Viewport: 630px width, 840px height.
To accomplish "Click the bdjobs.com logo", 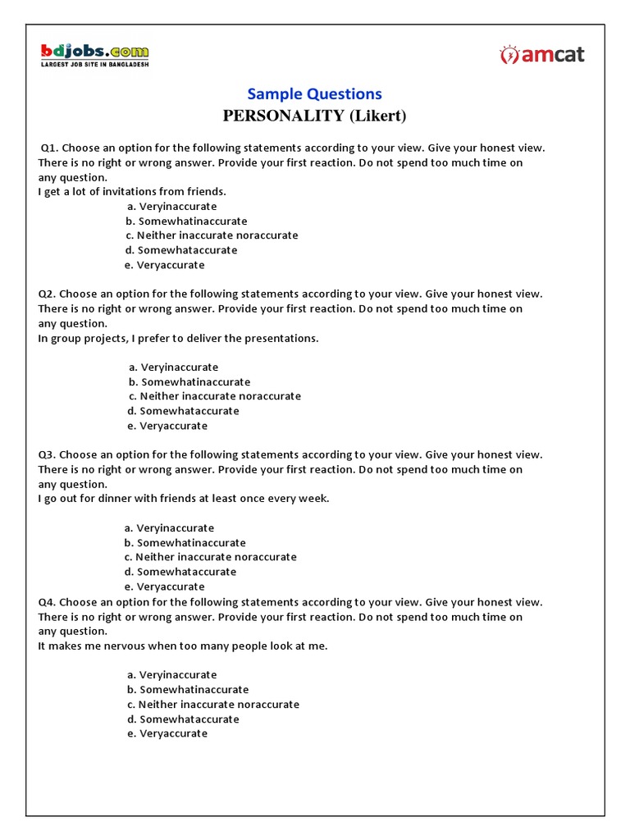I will click(x=95, y=55).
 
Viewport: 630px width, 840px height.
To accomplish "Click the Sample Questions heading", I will click(x=315, y=94).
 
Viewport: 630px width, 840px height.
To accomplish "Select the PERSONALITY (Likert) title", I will click(x=315, y=115).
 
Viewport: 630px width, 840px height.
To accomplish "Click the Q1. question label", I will click(x=49, y=148).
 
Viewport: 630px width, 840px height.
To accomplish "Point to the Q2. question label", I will click(x=48, y=294).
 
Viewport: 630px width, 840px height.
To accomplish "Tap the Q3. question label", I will click(x=48, y=454).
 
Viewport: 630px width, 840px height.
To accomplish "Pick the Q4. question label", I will click(x=48, y=602).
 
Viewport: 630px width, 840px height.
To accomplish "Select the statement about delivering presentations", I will click(x=178, y=338).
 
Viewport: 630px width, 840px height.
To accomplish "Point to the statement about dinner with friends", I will click(x=184, y=499).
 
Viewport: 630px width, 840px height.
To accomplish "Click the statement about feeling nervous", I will click(x=183, y=646).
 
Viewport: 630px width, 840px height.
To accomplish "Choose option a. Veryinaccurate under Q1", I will click(x=171, y=207).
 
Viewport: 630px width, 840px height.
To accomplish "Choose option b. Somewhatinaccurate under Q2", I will click(x=189, y=381).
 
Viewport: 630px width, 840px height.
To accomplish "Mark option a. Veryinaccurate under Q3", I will click(x=169, y=528).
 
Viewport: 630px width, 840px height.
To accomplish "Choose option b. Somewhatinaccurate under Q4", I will click(x=188, y=690).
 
